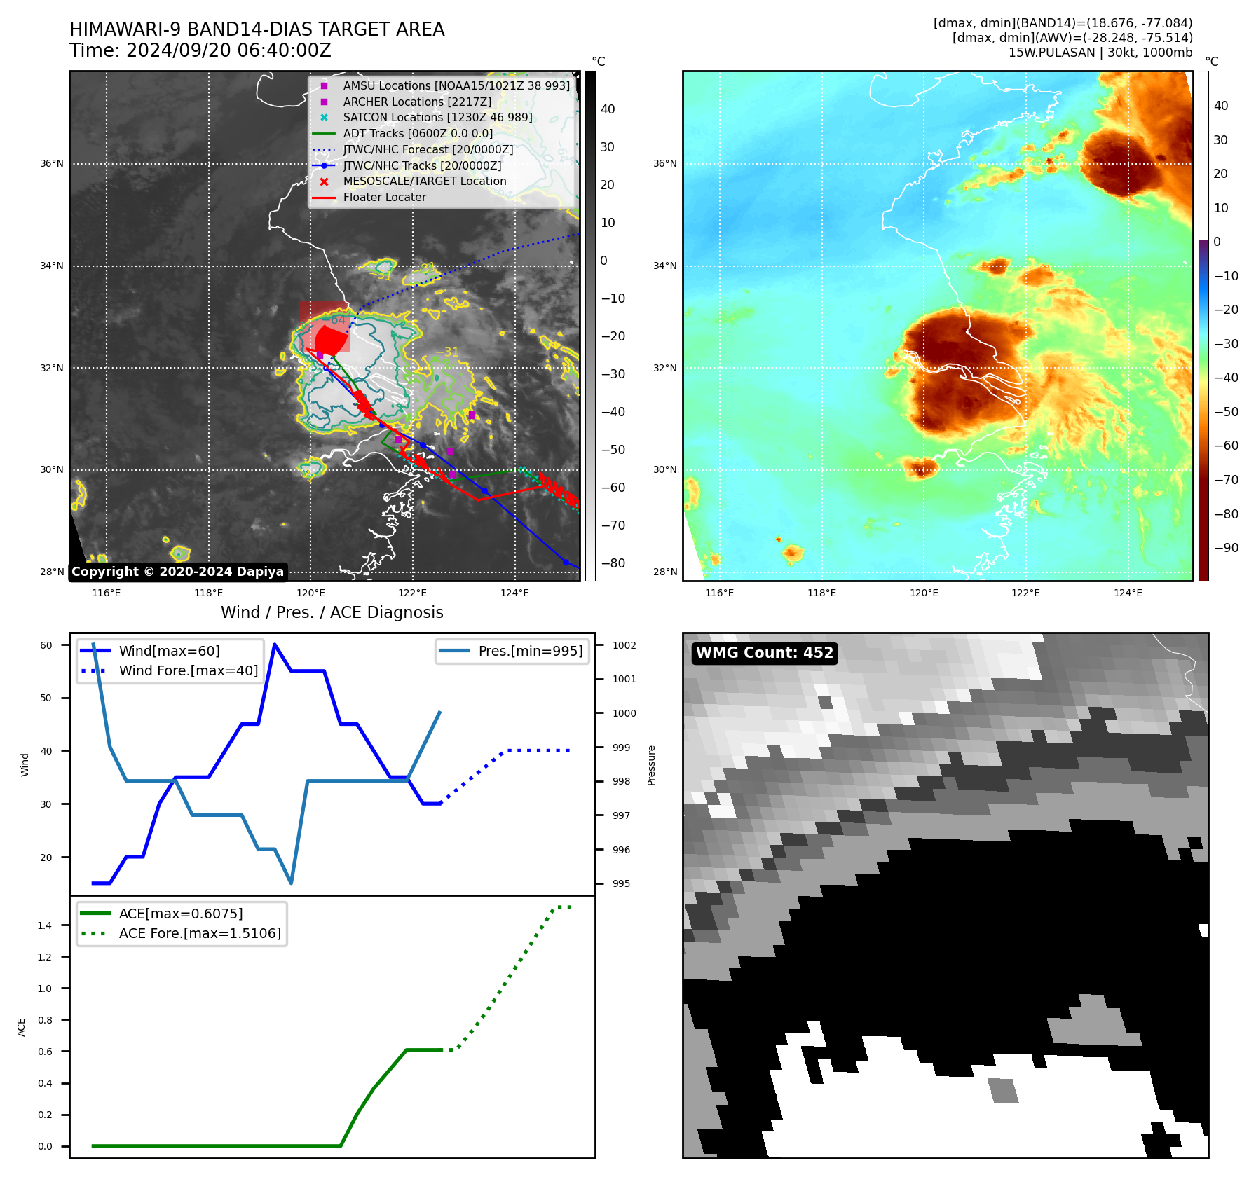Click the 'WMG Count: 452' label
[765, 653]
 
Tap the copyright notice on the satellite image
[178, 572]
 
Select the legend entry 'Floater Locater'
[384, 198]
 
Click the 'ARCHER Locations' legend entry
[417, 102]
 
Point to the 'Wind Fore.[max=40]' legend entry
[188, 670]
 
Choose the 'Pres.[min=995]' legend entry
[530, 651]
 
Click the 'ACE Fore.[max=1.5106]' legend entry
[200, 933]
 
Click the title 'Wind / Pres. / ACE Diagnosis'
[332, 612]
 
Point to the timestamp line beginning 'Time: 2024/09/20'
[200, 50]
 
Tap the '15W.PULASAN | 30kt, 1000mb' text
[1100, 53]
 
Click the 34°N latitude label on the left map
[51, 266]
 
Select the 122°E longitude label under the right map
[1025, 593]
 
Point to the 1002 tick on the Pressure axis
[624, 645]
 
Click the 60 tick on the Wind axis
[46, 645]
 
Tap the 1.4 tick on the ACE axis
[45, 925]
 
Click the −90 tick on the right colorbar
[1226, 548]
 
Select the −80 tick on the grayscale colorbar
[613, 563]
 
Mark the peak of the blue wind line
[275, 645]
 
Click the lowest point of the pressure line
[291, 883]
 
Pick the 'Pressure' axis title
[651, 765]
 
